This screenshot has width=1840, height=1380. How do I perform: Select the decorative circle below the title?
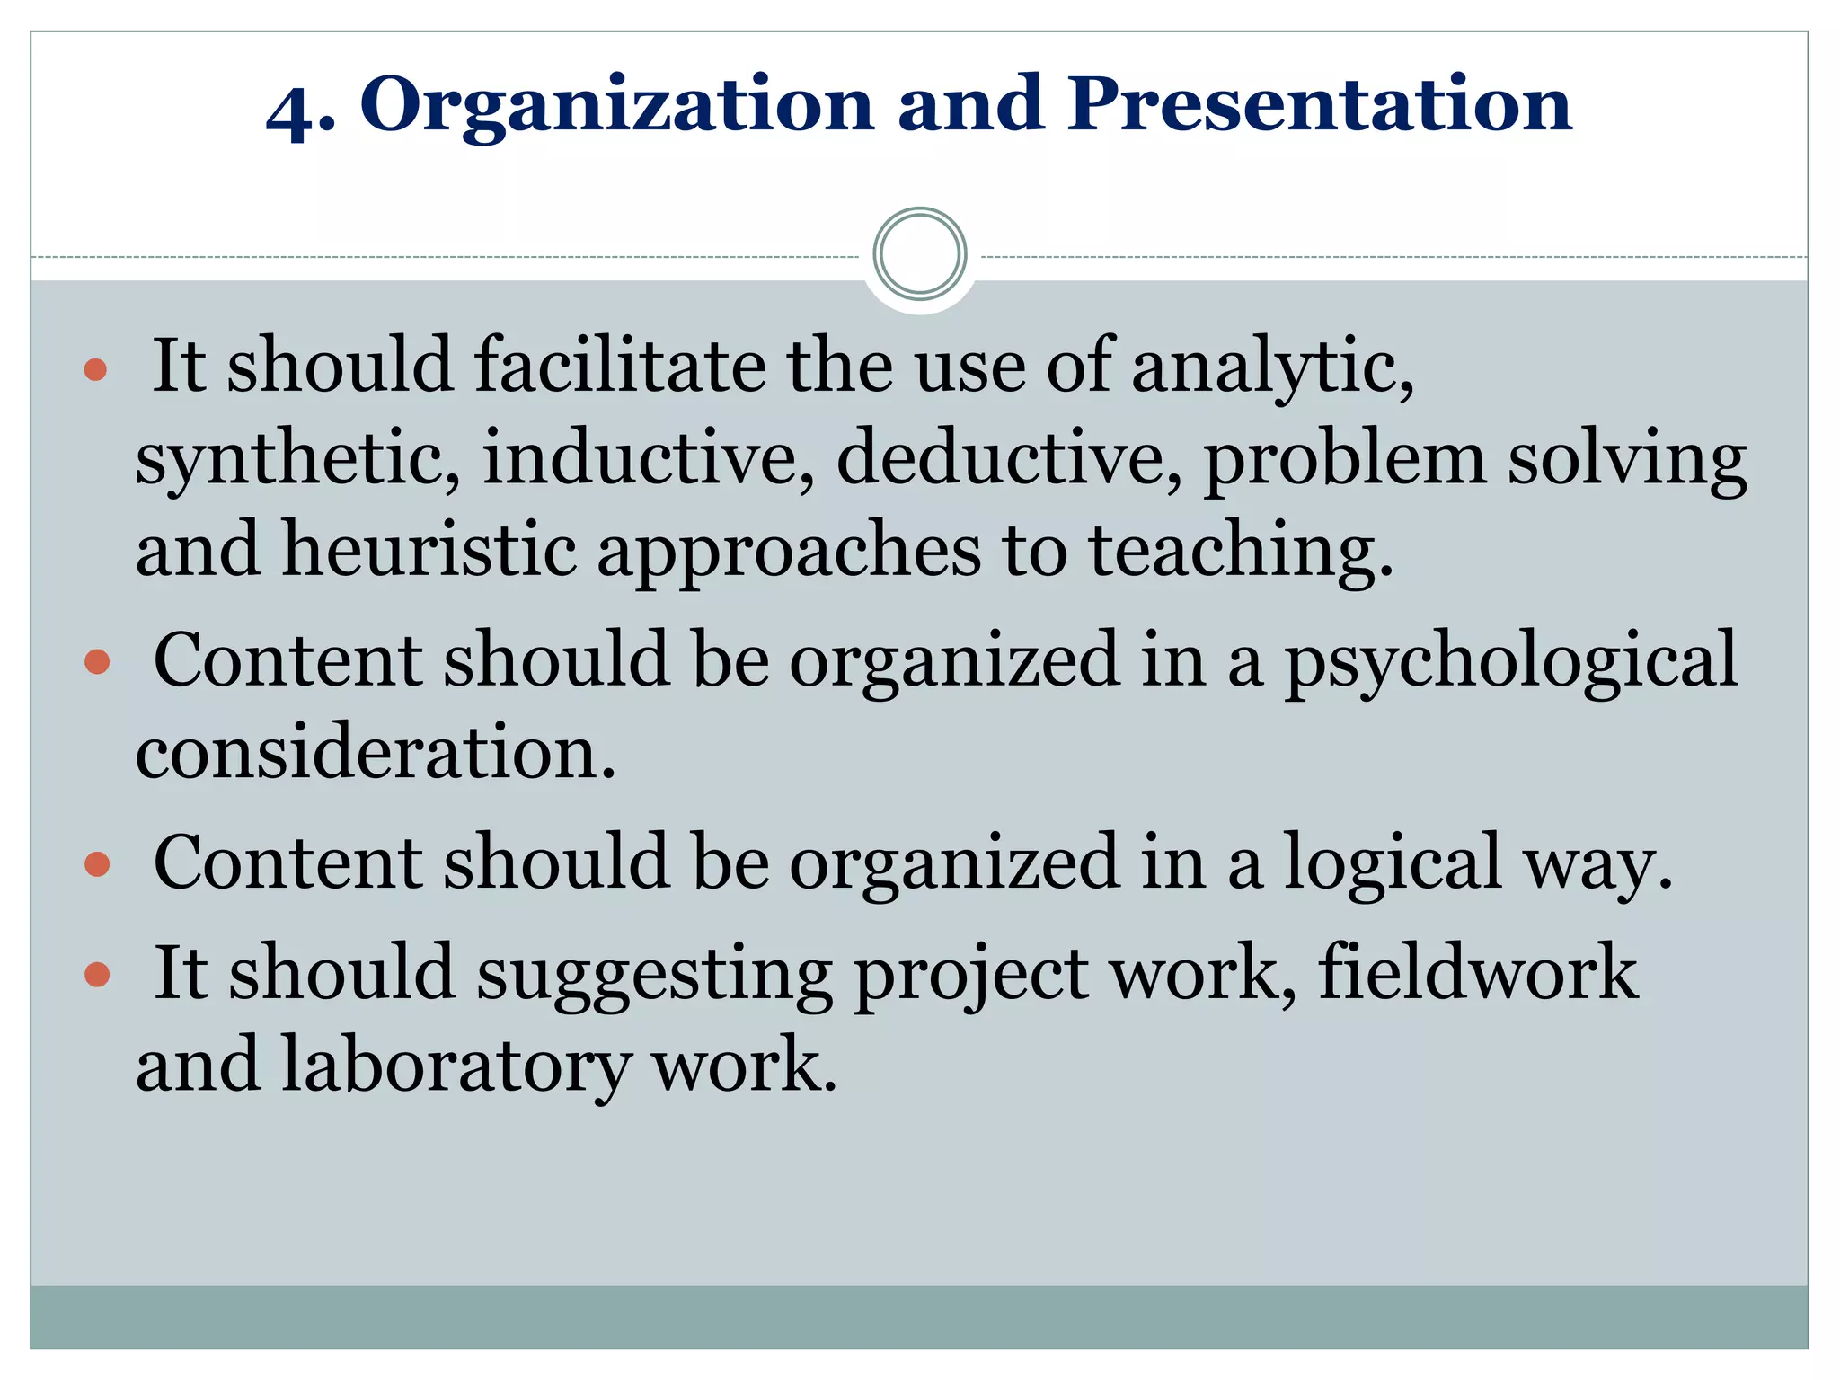(x=919, y=253)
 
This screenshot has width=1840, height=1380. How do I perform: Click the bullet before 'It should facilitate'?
(x=95, y=369)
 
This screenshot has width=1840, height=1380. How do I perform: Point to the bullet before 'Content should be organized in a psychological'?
(x=96, y=663)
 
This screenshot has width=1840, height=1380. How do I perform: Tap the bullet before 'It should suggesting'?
(x=96, y=975)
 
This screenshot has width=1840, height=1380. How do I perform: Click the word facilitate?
(x=620, y=366)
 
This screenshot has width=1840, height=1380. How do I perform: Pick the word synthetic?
(x=297, y=458)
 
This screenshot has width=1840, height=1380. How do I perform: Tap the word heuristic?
(x=429, y=550)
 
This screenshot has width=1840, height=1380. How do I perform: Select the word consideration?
(x=376, y=752)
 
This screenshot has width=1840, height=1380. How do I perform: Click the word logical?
(x=1392, y=863)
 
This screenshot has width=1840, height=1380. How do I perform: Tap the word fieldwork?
(x=1478, y=972)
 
